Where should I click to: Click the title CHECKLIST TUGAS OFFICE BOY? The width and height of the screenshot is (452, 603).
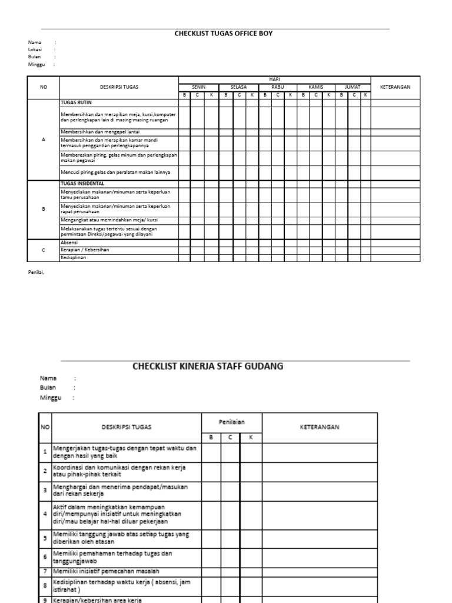tap(223, 34)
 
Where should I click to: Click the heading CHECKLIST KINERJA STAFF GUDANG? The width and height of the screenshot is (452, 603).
tap(208, 366)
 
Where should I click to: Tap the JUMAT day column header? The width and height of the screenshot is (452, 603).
tap(353, 87)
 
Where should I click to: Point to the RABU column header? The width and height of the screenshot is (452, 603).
tap(277, 87)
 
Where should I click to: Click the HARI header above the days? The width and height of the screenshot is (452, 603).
tap(274, 79)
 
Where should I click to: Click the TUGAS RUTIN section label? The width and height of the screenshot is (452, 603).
tap(77, 102)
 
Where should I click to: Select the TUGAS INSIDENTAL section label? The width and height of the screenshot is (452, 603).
tap(82, 184)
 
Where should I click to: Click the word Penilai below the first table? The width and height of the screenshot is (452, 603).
tap(36, 272)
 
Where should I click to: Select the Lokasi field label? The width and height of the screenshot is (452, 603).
tap(35, 50)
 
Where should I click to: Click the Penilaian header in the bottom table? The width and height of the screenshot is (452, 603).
tap(231, 422)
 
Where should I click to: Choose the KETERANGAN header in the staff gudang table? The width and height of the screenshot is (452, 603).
tap(320, 428)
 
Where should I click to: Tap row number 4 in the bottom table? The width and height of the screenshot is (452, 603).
tap(45, 513)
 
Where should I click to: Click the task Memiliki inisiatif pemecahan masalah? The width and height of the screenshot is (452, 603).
tap(106, 571)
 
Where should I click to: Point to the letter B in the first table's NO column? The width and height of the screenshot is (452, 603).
tap(43, 209)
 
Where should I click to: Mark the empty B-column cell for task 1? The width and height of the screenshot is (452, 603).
tap(211, 452)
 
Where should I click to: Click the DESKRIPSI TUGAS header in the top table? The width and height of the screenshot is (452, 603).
tap(119, 87)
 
